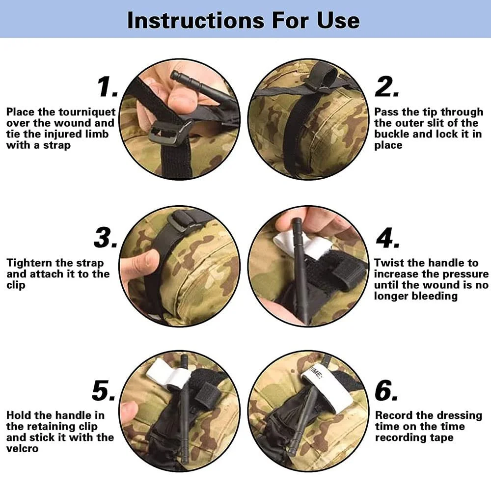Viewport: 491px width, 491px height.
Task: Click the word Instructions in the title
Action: click(196, 20)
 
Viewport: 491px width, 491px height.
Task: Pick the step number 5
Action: click(104, 390)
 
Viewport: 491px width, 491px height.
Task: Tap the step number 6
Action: click(386, 390)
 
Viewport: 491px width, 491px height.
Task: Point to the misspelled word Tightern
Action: click(28, 263)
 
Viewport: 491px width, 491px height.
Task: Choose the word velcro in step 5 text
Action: click(22, 448)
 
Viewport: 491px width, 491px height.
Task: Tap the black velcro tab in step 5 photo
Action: click(207, 395)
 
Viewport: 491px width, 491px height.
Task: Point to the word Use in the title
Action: click(338, 20)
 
